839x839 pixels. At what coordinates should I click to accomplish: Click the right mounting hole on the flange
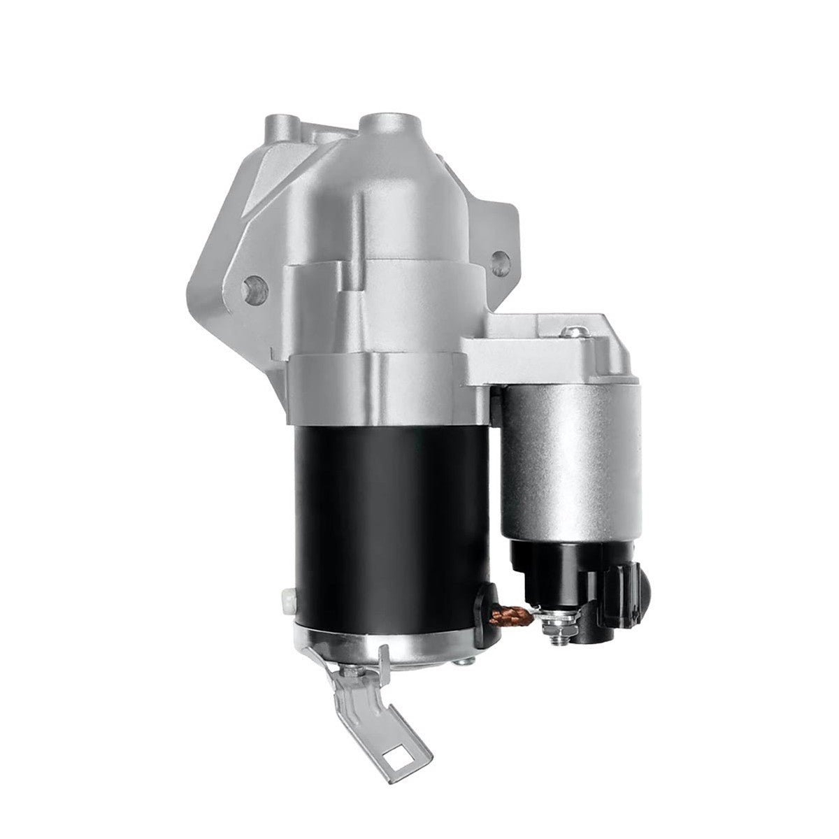click(x=499, y=263)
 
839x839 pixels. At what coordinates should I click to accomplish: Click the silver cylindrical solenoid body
click(x=570, y=461)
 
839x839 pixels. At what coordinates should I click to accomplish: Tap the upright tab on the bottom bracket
click(x=383, y=661)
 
